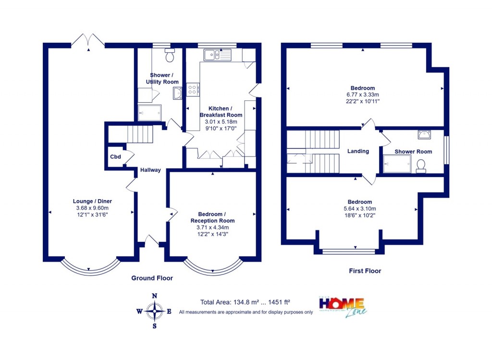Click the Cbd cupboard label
115,157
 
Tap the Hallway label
150,170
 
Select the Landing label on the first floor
358,151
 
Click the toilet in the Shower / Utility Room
170,56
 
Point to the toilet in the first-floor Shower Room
421,166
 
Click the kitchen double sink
217,55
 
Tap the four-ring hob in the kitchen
193,89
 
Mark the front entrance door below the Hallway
151,240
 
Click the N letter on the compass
154,296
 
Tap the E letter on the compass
169,311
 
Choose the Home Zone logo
342,306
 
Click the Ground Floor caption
152,278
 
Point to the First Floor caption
365,271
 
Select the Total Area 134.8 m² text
245,302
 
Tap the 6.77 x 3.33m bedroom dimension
362,95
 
